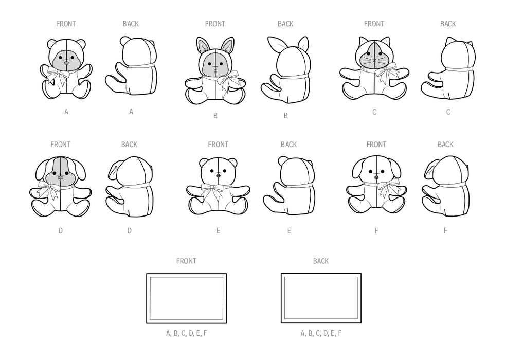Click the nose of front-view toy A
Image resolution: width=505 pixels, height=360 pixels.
point(66,62)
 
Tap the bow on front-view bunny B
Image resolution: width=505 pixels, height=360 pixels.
point(228,81)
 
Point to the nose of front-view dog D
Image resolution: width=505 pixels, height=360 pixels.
point(61,177)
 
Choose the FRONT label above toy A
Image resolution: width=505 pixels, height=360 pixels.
point(66,24)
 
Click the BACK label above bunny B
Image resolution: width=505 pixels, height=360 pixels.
point(285,24)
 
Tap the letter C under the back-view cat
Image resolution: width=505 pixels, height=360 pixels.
point(448,112)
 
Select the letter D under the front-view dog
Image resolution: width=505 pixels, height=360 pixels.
point(60,230)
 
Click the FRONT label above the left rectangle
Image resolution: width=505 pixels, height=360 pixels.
point(186,261)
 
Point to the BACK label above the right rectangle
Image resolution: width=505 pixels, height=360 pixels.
point(321,261)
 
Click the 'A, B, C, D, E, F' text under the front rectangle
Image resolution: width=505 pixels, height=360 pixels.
point(187,333)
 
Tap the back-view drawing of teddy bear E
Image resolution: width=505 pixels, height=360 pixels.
point(289,185)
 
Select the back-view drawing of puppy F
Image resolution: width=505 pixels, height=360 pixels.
point(446,185)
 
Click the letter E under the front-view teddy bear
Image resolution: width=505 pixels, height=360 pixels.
point(218,230)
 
